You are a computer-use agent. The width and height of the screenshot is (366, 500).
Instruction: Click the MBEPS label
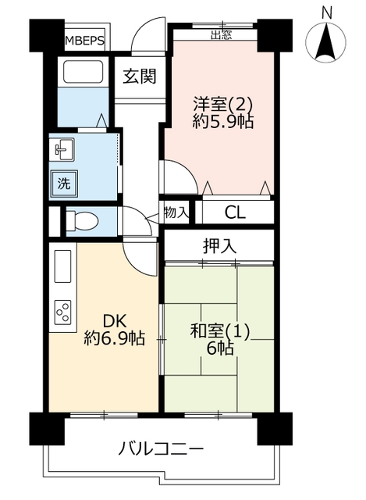pyautogui.click(x=85, y=41)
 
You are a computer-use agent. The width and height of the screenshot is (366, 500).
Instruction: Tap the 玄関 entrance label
pyautogui.click(x=140, y=77)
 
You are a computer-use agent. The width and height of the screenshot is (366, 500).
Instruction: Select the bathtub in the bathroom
pyautogui.click(x=84, y=71)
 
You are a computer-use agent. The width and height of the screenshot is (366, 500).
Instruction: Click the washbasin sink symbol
pyautogui.click(x=64, y=149)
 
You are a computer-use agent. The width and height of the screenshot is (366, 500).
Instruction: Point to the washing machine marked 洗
pyautogui.click(x=64, y=184)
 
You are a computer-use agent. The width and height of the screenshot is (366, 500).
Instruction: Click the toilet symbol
pyautogui.click(x=82, y=220)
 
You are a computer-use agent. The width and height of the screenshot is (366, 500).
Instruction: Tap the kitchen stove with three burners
pyautogui.click(x=62, y=312)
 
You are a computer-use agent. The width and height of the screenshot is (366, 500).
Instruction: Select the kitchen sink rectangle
pyautogui.click(x=62, y=266)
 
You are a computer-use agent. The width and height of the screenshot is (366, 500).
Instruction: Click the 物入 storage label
pyautogui.click(x=176, y=212)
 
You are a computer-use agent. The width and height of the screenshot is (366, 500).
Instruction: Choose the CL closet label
pyautogui.click(x=235, y=212)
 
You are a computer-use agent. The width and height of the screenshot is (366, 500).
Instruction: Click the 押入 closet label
pyautogui.click(x=219, y=246)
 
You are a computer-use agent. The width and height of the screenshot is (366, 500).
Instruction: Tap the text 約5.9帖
pyautogui.click(x=223, y=121)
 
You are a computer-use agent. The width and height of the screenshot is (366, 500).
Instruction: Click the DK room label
pyautogui.click(x=115, y=321)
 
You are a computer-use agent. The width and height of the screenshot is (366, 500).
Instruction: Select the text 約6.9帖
pyautogui.click(x=115, y=338)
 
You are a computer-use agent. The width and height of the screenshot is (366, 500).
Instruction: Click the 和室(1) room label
pyautogui.click(x=220, y=331)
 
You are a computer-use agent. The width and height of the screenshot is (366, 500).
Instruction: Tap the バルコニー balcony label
pyautogui.click(x=161, y=450)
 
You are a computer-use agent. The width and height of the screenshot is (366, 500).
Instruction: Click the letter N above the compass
pyautogui.click(x=326, y=13)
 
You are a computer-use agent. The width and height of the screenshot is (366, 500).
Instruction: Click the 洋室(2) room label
pyautogui.click(x=223, y=104)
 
